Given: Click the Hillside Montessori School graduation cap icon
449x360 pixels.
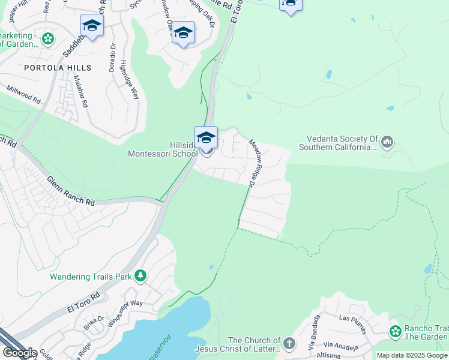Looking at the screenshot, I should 206,139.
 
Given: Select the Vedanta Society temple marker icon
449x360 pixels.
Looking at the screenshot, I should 387,142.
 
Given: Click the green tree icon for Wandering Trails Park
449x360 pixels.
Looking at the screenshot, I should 140,276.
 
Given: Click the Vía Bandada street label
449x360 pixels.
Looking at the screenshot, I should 312,338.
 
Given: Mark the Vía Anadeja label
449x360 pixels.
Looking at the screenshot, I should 341,347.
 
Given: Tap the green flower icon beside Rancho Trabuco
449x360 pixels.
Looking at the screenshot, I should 395,331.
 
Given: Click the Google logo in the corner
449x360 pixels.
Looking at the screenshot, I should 19,353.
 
